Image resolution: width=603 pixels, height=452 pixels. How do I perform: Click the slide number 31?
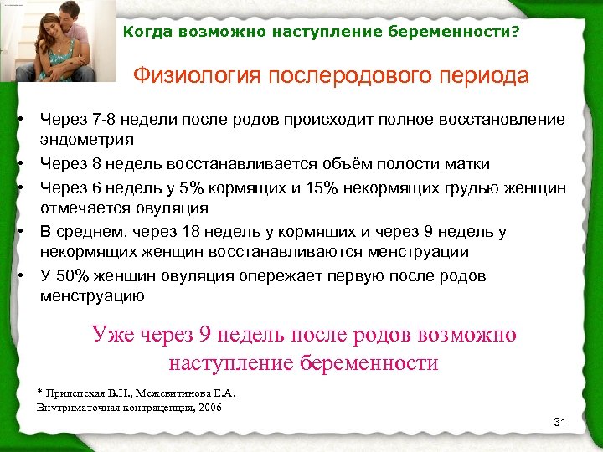560,422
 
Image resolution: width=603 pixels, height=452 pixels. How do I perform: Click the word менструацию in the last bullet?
92,296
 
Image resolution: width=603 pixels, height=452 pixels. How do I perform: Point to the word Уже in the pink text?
112,336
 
